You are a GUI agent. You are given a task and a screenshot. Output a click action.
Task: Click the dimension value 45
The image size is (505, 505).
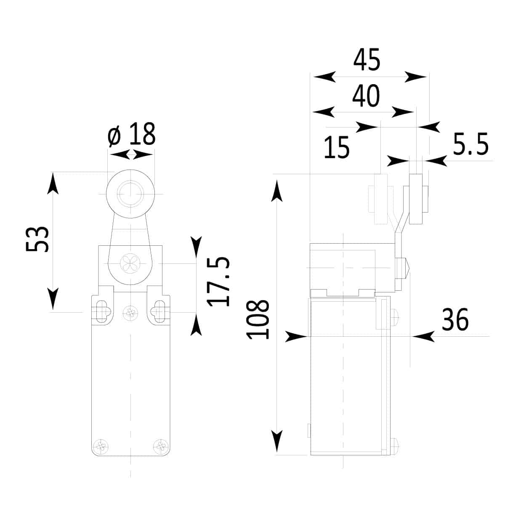[367, 59]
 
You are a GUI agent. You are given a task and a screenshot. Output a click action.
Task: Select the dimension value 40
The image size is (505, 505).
[366, 96]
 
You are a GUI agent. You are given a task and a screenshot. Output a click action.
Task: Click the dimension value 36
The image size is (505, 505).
[455, 319]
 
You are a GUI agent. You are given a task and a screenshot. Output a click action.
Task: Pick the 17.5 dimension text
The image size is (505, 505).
[218, 282]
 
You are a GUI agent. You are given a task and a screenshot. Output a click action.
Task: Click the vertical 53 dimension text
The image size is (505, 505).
[37, 239]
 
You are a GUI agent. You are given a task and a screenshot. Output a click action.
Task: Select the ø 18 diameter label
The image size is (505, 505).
[132, 134]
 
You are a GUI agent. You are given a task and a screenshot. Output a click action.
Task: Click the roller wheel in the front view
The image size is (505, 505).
[130, 194]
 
